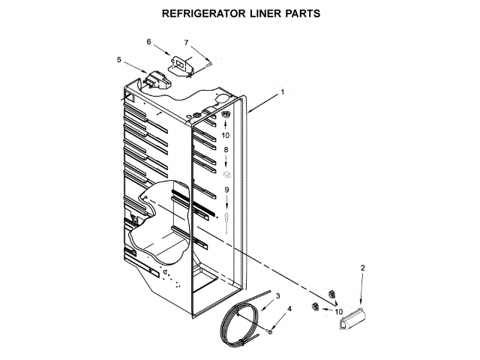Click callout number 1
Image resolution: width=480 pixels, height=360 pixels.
click(282, 92)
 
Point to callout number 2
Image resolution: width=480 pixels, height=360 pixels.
click(362, 268)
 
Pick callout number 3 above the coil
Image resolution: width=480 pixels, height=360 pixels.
click(277, 297)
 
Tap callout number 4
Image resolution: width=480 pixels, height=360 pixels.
click(289, 309)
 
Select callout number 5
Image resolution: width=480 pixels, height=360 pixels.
click(119, 59)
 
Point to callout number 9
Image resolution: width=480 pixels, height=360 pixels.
click(225, 190)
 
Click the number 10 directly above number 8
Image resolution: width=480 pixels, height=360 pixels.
click(225, 136)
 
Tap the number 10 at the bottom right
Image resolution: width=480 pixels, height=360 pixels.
click(338, 311)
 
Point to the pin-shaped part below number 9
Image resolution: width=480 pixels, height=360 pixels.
click(225, 217)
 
